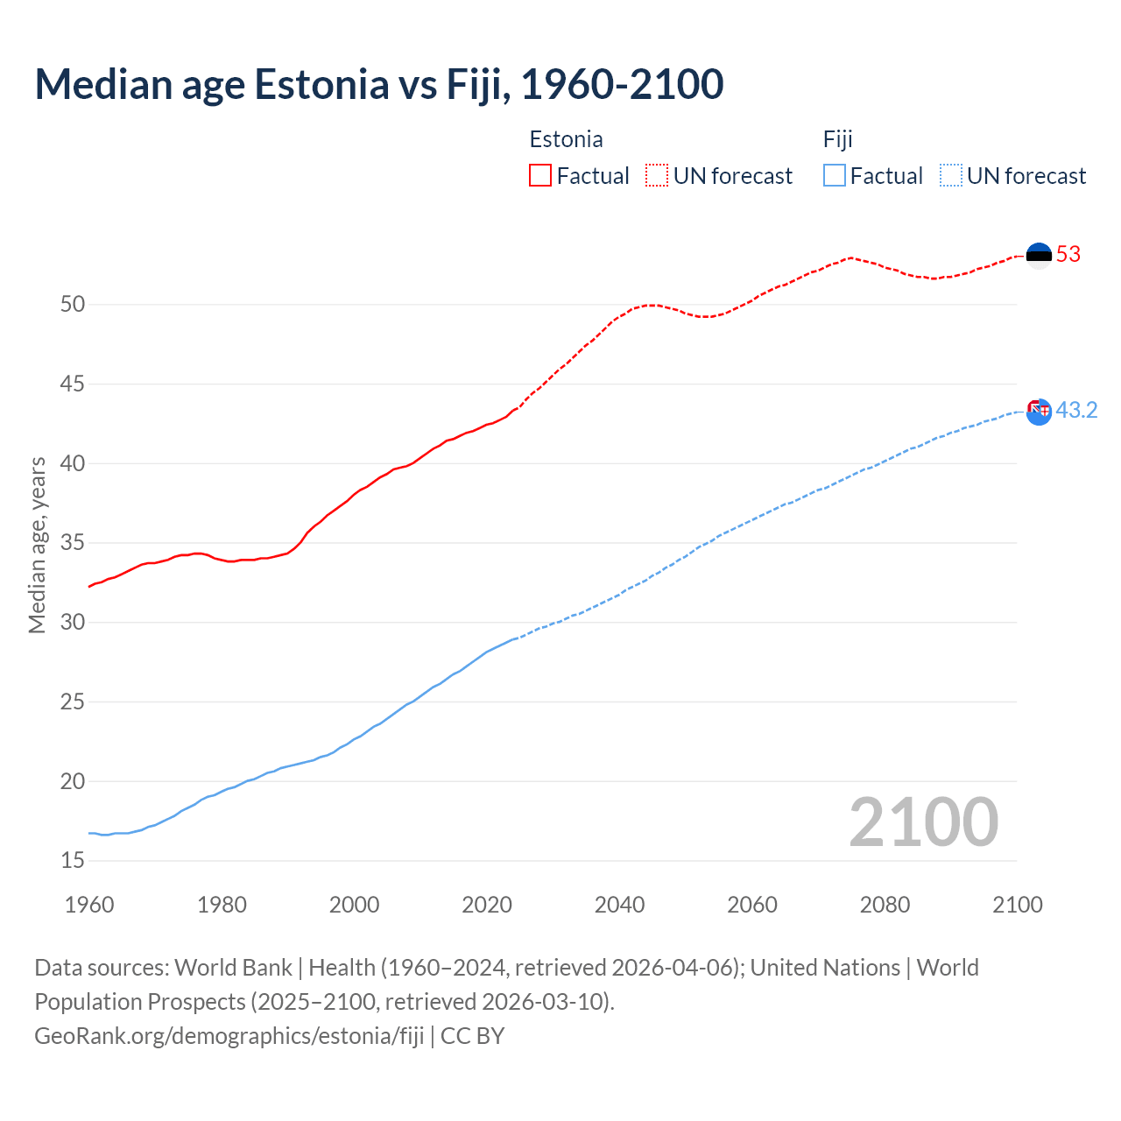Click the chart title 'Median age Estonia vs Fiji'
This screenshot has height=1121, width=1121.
pos(378,84)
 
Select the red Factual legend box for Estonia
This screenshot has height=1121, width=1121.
pos(540,176)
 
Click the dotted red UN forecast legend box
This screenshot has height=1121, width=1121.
pos(657,176)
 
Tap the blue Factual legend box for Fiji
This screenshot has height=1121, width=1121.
pos(835,176)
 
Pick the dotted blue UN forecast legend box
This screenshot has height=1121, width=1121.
pos(951,176)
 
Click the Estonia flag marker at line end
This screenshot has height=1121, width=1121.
pos(1039,255)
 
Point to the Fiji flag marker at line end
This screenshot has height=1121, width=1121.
pos(1039,411)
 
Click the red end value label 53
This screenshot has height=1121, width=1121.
pos(1068,255)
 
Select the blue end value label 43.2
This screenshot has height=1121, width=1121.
pos(1076,411)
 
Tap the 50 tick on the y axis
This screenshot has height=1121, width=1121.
pos(73,305)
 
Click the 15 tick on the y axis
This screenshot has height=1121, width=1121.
pos(73,861)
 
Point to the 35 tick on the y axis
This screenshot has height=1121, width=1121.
pos(73,543)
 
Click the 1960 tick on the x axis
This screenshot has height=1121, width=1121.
pos(89,905)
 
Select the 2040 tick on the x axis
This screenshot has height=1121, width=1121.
pos(619,905)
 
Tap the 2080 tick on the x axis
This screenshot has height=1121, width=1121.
pos(885,905)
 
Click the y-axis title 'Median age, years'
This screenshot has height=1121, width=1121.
pos(37,545)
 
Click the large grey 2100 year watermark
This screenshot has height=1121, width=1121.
pos(924,822)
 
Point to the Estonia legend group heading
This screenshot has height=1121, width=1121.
pos(566,140)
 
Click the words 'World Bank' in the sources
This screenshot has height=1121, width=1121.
pos(233,968)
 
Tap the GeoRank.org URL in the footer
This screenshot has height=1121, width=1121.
pos(229,1036)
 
